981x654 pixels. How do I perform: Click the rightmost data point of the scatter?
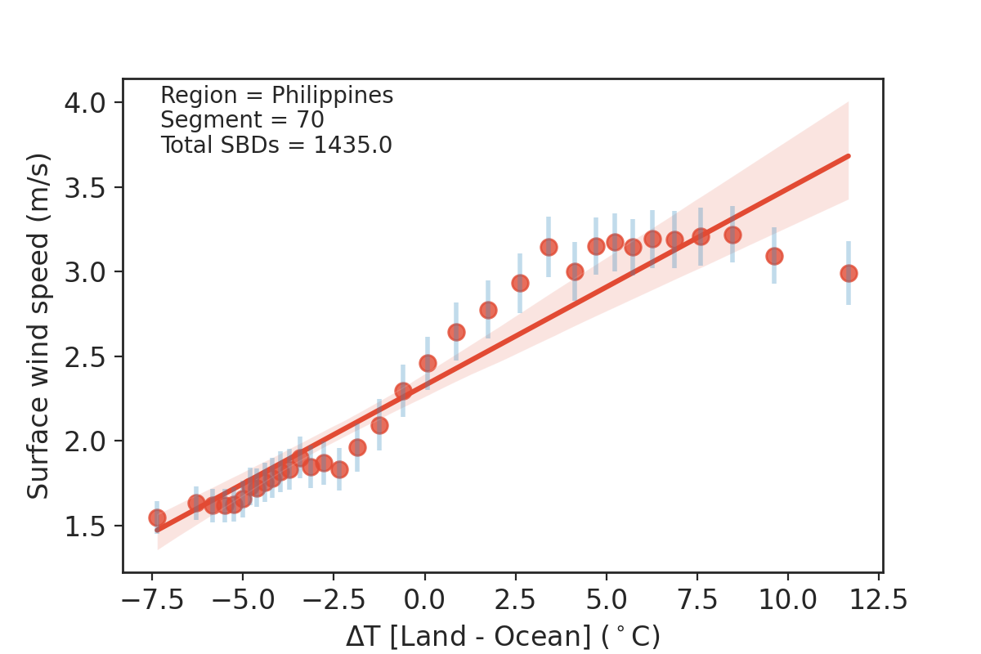(x=849, y=273)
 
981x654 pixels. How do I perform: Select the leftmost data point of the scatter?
(x=157, y=517)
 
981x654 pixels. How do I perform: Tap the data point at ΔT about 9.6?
(x=774, y=256)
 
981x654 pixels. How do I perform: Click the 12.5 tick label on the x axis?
(x=879, y=601)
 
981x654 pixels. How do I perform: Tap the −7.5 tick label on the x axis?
(x=151, y=601)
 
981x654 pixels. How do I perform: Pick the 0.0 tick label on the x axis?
(x=424, y=601)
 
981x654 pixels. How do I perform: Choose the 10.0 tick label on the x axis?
(x=788, y=601)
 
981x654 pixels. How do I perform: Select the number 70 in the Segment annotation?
(x=311, y=120)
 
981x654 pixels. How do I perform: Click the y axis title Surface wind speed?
(x=38, y=325)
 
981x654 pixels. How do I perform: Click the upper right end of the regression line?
(x=848, y=155)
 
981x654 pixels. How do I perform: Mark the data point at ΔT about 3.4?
(x=549, y=247)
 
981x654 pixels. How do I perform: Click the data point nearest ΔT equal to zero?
(x=428, y=363)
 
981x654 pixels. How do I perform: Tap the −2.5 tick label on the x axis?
(x=334, y=601)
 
